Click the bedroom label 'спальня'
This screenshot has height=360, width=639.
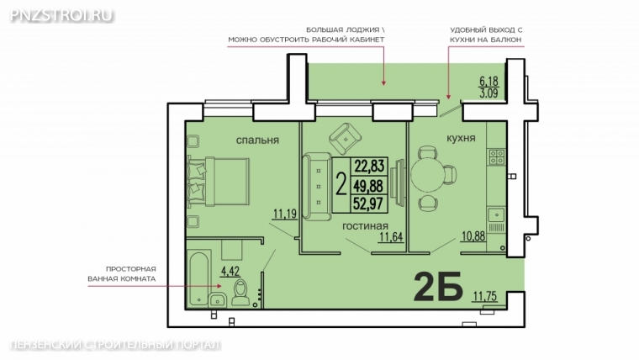coord(257,140)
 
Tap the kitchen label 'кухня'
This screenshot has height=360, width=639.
coord(461,138)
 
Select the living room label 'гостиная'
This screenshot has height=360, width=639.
coord(365,226)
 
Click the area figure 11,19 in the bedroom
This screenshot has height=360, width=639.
coord(285,214)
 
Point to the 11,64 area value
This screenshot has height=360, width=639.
coord(391,237)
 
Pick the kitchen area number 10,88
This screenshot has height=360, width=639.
coord(473,236)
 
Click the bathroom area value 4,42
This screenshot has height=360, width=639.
coord(230,271)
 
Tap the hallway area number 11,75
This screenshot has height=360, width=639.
coord(485,295)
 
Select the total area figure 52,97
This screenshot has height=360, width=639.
coord(369,203)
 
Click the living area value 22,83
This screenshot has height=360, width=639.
coord(369,166)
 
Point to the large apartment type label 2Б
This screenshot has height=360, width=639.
coord(438,286)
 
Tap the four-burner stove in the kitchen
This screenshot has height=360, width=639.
coord(497,156)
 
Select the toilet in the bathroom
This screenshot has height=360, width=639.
coord(241,293)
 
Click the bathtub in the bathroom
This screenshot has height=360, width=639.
coord(199,279)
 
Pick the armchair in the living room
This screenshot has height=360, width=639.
coord(346,139)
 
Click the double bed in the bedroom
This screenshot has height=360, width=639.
coord(219,182)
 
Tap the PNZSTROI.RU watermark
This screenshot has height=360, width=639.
coord(61,15)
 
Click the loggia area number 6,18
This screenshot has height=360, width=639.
coord(488,81)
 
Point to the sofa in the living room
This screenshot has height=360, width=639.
coord(317,187)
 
